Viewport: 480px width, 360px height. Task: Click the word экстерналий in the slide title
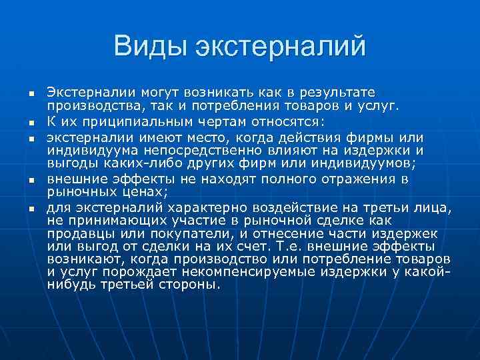coord(280,47)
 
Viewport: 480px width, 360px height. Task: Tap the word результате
coord(338,91)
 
